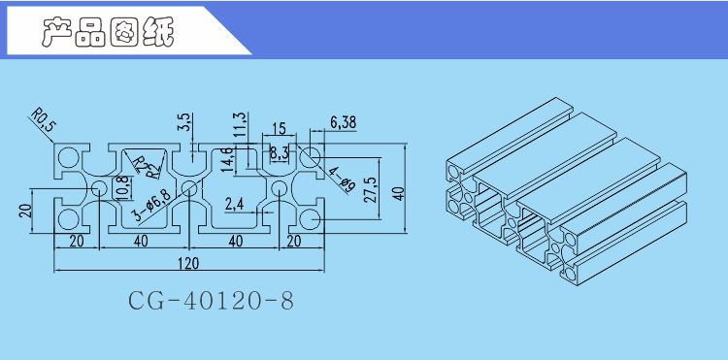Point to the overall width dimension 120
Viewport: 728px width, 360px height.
187,264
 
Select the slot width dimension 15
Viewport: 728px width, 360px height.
279,128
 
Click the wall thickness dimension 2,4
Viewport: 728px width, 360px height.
234,204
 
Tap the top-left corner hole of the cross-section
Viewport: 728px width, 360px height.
70,156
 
